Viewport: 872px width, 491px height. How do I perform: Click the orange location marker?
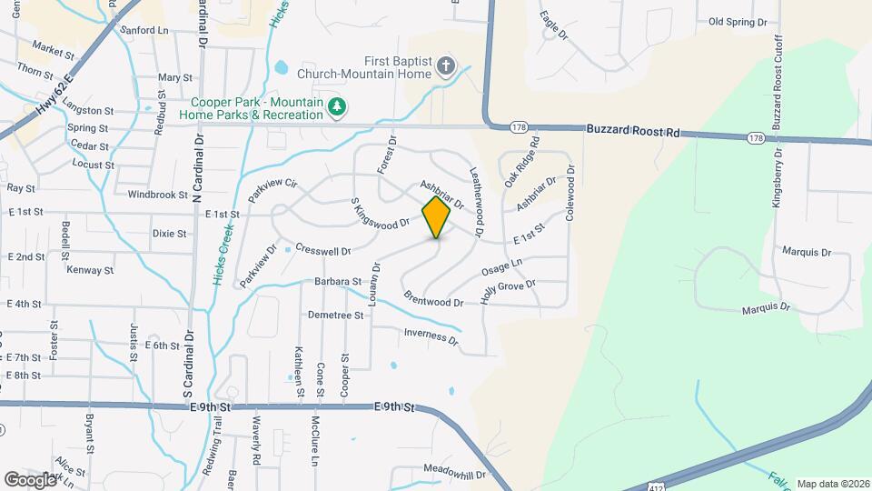(x=436, y=216)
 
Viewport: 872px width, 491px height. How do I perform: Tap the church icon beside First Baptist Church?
(x=445, y=65)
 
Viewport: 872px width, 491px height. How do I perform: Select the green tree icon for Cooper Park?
(x=337, y=108)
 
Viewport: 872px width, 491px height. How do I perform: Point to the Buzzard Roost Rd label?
(x=633, y=132)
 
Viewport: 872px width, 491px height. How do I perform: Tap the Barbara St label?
(x=339, y=282)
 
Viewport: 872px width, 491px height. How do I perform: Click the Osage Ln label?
(x=502, y=268)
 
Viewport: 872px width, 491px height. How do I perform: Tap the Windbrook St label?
(x=157, y=195)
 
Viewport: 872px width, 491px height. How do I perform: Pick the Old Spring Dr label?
(x=738, y=21)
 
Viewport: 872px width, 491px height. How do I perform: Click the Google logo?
(x=30, y=478)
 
